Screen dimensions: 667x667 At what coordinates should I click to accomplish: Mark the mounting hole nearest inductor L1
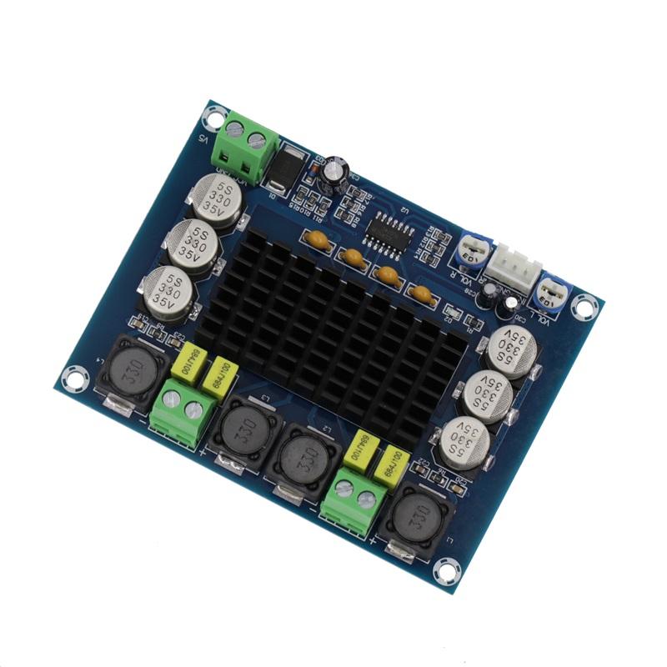tap(449, 571)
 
